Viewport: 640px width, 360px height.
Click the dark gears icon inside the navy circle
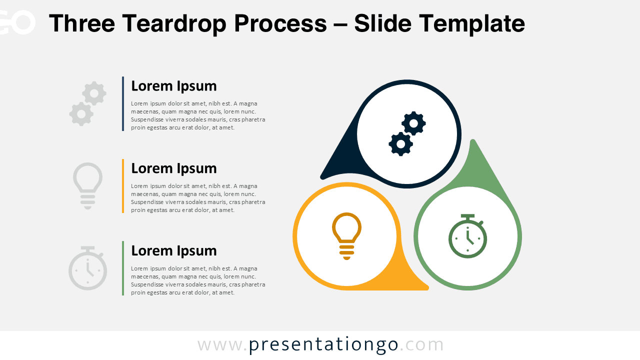pyautogui.click(x=407, y=133)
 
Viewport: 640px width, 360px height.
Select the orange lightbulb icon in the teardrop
pyautogui.click(x=346, y=235)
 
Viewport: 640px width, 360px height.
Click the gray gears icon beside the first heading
pyautogui.click(x=88, y=103)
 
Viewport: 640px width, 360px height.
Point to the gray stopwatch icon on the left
pyautogui.click(x=87, y=268)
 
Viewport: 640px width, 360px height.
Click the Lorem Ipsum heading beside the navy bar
pyautogui.click(x=173, y=86)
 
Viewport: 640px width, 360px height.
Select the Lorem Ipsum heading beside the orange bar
pyautogui.click(x=173, y=168)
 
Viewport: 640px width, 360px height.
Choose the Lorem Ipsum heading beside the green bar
pyautogui.click(x=173, y=250)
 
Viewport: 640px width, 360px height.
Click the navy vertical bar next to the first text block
pyautogui.click(x=123, y=103)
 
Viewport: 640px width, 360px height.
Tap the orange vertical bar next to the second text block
pyautogui.click(x=123, y=186)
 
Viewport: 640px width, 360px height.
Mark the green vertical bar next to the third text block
pyautogui.click(x=123, y=268)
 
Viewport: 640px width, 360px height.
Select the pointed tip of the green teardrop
pyautogui.click(x=472, y=143)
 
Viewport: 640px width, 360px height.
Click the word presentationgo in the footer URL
pyautogui.click(x=323, y=345)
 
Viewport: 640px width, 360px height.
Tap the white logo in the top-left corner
pyautogui.click(x=17, y=22)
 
